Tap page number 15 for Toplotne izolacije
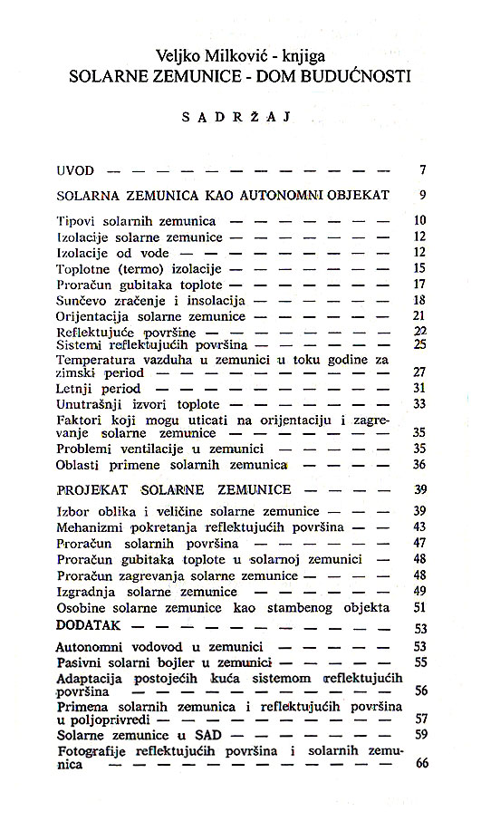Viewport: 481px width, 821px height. [419, 268]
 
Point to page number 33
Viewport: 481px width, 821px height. [419, 403]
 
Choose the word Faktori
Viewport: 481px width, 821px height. [79, 420]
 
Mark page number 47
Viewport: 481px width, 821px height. [419, 543]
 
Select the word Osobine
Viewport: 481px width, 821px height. [82, 607]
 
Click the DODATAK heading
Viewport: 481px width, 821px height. [91, 624]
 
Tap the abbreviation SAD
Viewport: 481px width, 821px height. [188, 735]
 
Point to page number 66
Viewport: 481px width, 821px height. [419, 764]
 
